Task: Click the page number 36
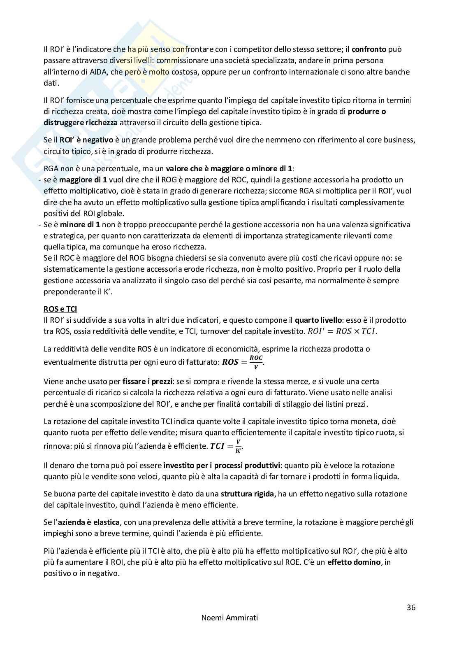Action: [x=411, y=607]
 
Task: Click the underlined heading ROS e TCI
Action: [x=60, y=309]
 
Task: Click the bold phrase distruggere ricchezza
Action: [x=81, y=122]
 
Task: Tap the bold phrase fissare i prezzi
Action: [x=147, y=382]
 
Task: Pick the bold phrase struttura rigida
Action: [x=247, y=494]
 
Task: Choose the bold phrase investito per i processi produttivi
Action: [x=222, y=466]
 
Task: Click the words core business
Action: [x=392, y=140]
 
